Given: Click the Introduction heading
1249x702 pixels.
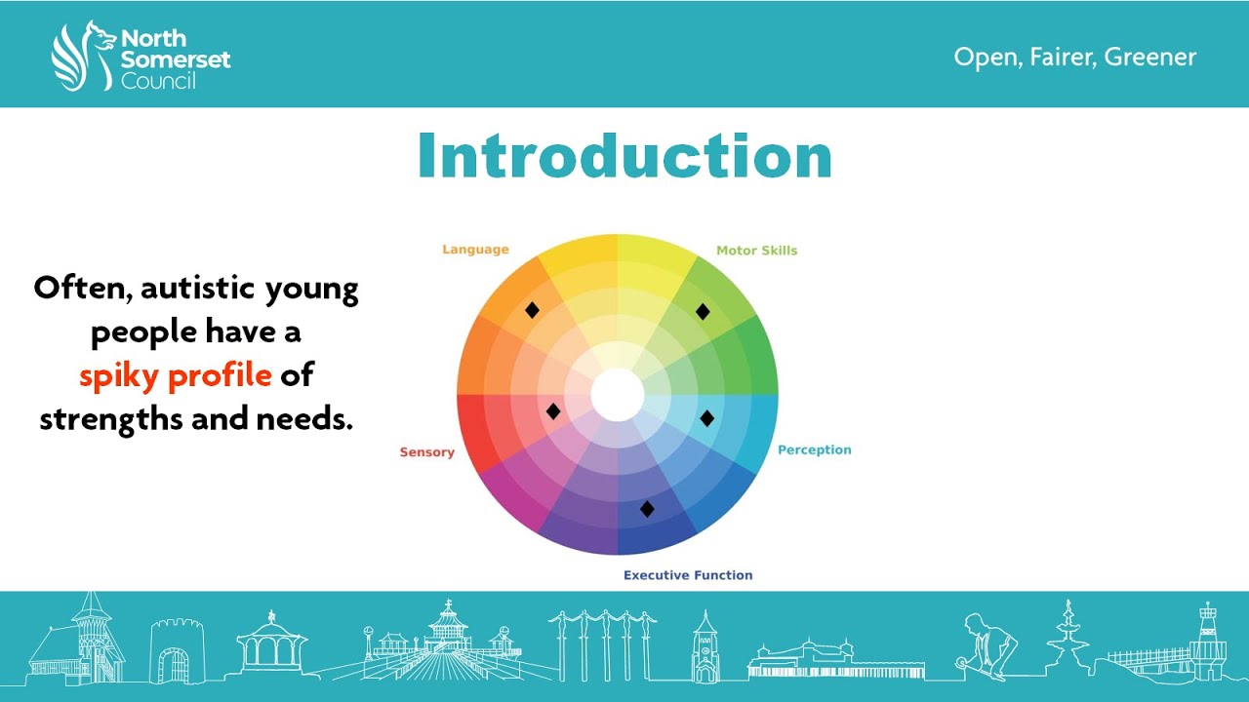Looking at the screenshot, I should point(624,157).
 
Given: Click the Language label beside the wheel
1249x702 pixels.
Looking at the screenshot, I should point(475,250).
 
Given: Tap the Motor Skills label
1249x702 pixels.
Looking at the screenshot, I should point(756,251).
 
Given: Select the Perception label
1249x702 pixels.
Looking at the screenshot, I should point(814,450).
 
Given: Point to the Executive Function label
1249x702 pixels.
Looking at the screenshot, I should point(688,575).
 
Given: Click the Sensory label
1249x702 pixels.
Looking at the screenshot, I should point(426,452).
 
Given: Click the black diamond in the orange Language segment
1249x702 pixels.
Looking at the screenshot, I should point(532,310).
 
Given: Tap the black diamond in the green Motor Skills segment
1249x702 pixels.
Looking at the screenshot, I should point(703,311).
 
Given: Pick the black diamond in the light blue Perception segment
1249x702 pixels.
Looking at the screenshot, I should point(707,418).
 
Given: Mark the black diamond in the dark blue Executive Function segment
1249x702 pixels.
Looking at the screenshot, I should point(647,508).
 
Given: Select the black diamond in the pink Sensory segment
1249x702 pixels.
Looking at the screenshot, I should point(553,411).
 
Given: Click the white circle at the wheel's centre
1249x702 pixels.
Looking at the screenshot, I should point(618,395).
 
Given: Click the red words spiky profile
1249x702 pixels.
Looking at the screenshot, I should point(175,375).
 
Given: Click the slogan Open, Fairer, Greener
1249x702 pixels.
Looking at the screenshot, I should point(1074,57).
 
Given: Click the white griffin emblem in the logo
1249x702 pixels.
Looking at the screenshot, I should point(82,56).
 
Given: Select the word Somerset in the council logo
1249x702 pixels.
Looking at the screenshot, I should point(176,59).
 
